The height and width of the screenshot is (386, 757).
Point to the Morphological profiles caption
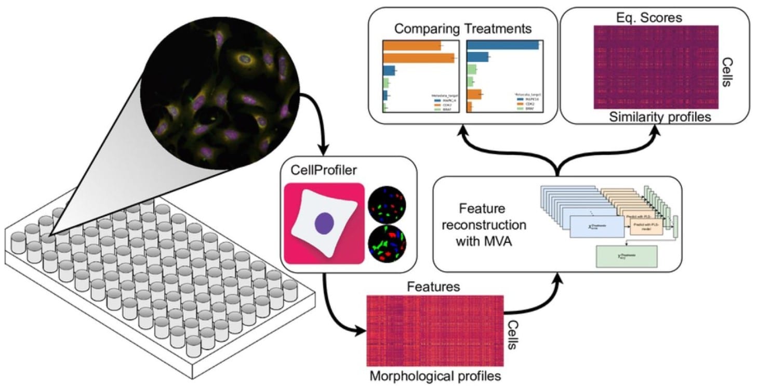point(435,376)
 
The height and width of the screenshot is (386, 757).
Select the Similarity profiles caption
point(660,117)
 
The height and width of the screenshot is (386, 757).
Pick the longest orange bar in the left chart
point(419,58)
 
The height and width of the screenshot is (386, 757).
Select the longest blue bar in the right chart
point(503,45)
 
